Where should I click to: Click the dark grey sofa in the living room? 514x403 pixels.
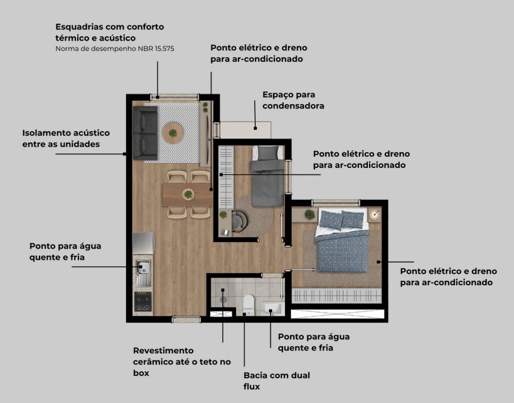145,133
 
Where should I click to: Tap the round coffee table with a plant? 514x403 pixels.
173,133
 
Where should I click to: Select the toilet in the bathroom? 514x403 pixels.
249,305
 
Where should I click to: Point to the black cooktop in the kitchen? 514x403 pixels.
143,301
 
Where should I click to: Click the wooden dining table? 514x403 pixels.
188,194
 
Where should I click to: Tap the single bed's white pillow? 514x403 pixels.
267,153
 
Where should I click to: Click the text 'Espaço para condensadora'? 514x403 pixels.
293,100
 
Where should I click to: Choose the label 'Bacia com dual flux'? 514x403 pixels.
277,380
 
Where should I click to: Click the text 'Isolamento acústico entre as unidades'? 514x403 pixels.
66,139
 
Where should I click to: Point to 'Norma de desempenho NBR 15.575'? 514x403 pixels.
115,49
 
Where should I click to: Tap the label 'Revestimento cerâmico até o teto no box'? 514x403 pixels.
182,362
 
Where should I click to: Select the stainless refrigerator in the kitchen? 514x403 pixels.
143,243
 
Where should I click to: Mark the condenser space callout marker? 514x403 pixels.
255,128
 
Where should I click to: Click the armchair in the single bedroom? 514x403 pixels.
240,221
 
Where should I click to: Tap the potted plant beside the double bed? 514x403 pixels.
309,214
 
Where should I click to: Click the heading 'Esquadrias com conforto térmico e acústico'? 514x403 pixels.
109,32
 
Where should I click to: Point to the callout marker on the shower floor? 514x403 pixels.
223,290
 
